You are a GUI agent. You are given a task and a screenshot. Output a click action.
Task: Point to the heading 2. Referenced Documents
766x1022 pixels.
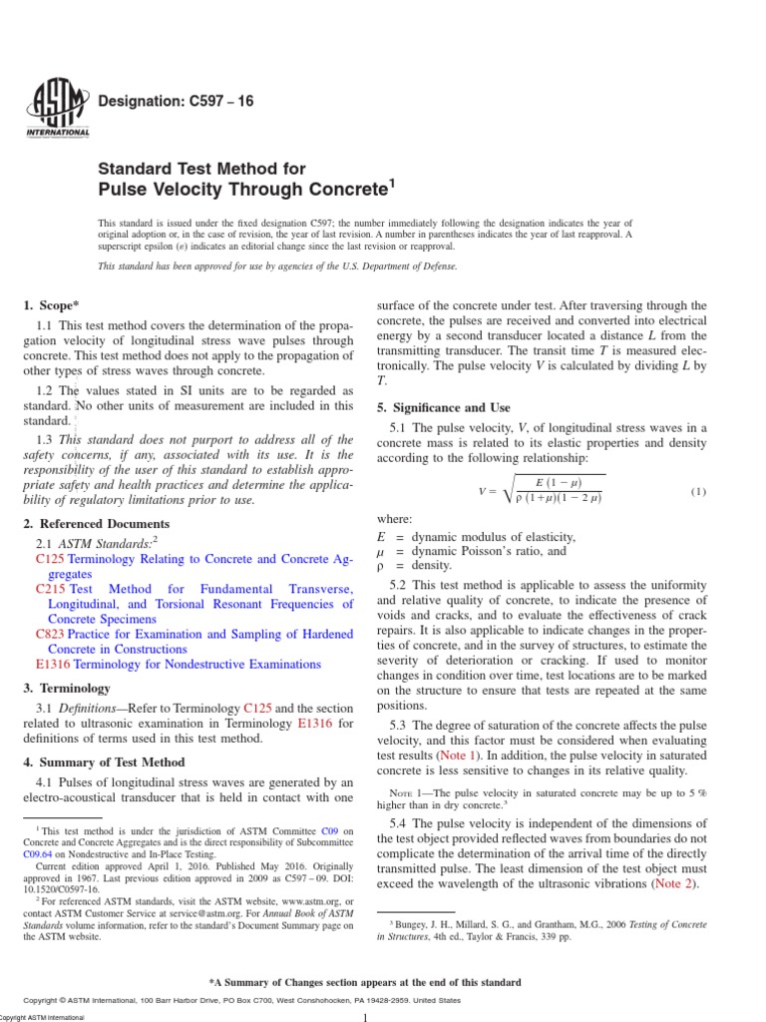96,524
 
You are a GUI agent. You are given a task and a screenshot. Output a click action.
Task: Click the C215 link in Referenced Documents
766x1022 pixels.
50,589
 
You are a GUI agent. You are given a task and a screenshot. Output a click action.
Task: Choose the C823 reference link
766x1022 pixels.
50,634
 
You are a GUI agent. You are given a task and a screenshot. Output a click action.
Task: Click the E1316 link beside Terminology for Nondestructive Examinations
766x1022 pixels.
53,664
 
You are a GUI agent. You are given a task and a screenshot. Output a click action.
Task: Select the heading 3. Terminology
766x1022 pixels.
66,689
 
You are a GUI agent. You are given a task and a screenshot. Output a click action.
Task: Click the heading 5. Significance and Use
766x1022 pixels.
443,408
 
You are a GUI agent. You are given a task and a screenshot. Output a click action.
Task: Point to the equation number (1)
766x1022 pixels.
697,491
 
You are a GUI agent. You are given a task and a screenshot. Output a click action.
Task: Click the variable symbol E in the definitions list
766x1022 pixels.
381,536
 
